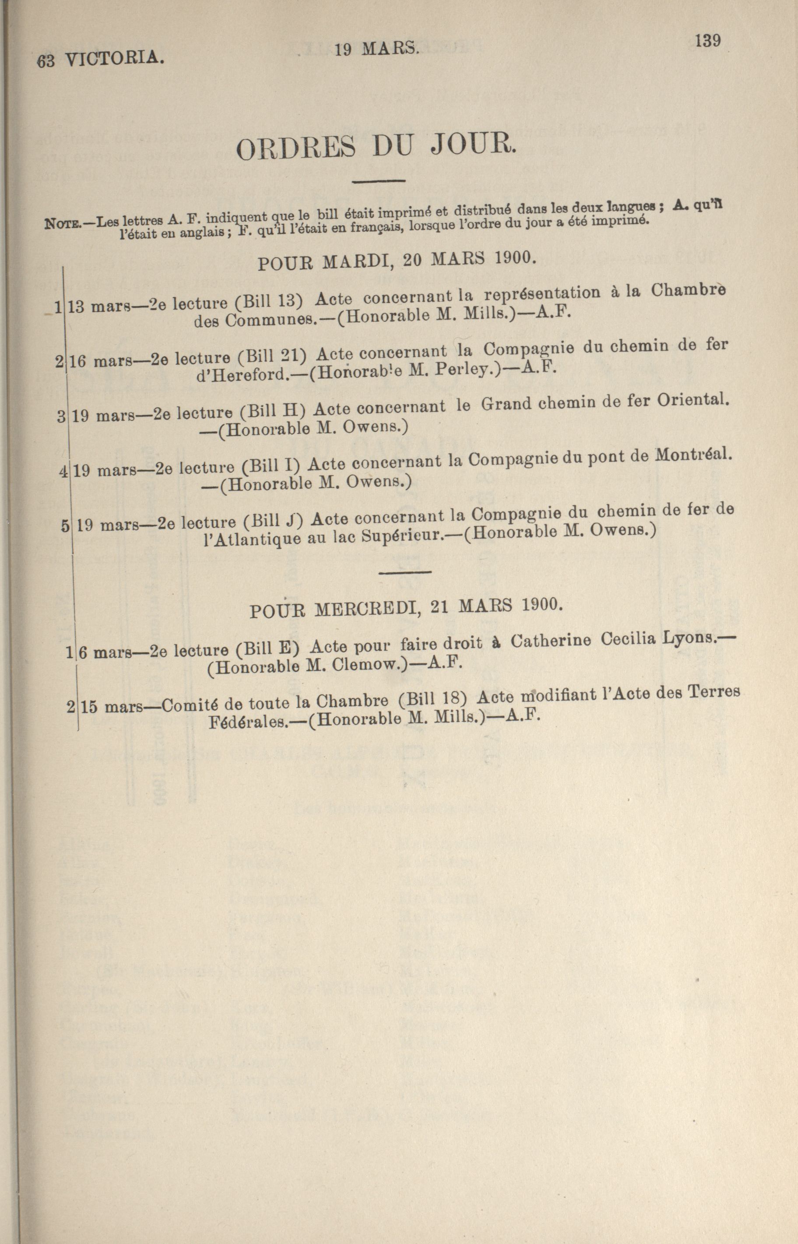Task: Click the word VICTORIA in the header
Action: pyautogui.click(x=115, y=59)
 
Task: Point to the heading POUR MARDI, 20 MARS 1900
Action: pyautogui.click(x=396, y=260)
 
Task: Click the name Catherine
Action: pyautogui.click(x=550, y=641)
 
